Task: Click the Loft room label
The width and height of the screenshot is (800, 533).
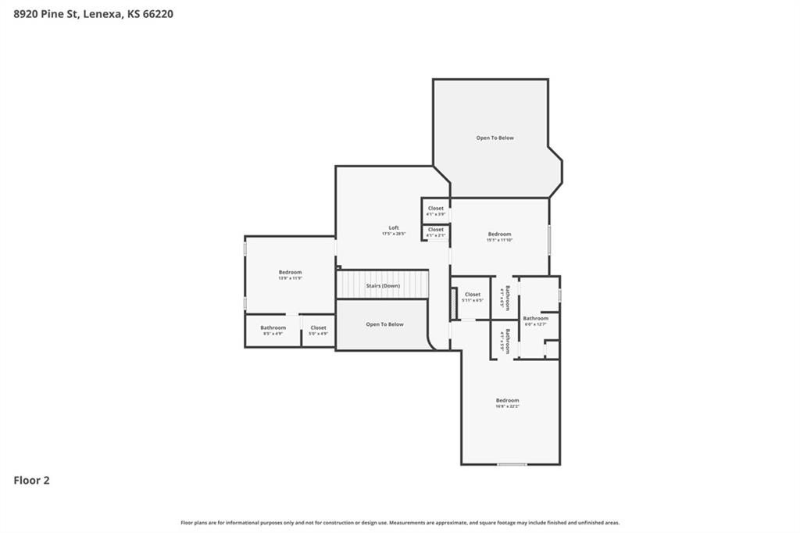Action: [394, 231]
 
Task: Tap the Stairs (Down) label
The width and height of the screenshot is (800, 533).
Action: [383, 286]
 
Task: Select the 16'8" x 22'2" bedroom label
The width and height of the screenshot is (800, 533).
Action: [507, 403]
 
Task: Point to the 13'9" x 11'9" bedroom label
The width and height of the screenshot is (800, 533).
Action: [290, 274]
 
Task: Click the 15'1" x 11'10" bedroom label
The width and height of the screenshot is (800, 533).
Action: [499, 237]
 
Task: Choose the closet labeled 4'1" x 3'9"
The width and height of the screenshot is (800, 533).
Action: [435, 211]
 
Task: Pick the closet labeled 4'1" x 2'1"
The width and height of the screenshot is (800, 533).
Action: [435, 232]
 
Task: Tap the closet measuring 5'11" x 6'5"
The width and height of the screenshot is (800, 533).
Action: [473, 297]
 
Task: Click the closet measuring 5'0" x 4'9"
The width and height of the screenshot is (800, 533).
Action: [318, 331]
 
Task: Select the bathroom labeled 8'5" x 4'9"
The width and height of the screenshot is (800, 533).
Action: [273, 331]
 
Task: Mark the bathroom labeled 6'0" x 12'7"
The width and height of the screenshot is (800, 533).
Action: [536, 320]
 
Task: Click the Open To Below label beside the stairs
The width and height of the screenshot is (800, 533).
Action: [384, 324]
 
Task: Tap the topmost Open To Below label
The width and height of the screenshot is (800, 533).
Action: [495, 138]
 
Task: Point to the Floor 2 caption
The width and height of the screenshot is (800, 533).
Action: [31, 481]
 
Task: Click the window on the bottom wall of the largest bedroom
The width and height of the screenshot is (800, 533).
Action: [512, 464]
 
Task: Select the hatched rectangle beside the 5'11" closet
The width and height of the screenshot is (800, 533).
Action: [453, 303]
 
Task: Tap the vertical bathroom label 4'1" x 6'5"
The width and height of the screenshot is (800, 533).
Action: [505, 298]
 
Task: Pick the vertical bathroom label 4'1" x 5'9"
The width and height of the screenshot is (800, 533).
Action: [505, 342]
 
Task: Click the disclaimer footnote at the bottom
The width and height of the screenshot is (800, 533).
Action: [400, 523]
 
